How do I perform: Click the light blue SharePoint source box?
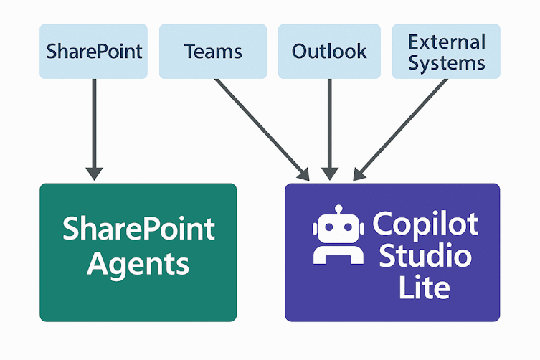point(93,52)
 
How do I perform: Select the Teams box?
point(213,52)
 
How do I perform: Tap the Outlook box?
point(329,52)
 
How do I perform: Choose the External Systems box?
point(446,52)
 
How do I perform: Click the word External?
point(447,42)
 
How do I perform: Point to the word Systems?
point(447,62)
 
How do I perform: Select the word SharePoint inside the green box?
point(138,229)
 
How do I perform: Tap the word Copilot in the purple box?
point(425,224)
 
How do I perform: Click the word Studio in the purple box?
point(425,256)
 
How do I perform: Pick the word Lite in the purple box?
point(425,288)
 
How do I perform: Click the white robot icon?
point(334,237)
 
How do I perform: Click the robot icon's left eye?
point(326,229)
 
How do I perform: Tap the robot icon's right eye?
point(343,229)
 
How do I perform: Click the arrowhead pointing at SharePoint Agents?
point(94,173)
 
